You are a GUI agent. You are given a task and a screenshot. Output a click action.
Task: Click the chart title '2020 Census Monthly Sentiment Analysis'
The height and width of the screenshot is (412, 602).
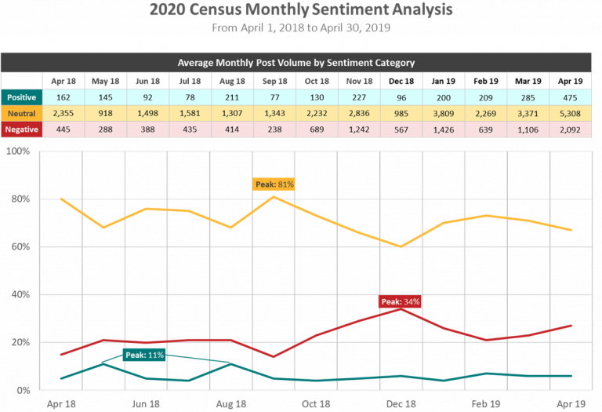coord(301,11)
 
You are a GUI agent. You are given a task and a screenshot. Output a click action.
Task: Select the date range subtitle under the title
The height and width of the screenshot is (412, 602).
coord(301,28)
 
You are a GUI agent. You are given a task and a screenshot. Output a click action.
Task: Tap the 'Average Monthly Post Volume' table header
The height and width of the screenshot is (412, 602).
coord(301,62)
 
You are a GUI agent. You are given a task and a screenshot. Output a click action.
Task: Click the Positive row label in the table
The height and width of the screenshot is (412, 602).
coord(21,97)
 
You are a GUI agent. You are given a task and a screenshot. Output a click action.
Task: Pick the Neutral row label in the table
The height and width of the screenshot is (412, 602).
coord(21,113)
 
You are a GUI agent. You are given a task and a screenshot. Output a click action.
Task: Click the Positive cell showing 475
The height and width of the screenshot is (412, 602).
coord(571,97)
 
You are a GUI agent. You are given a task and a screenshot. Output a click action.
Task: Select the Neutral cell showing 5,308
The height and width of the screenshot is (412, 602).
coord(571,113)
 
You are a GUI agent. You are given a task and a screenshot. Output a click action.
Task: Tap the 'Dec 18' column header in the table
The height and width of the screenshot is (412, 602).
coord(401,80)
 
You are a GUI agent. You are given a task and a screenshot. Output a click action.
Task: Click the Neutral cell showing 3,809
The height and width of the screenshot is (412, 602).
coord(443,113)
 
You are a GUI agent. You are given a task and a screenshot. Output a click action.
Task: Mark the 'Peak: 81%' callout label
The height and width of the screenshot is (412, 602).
coord(274,184)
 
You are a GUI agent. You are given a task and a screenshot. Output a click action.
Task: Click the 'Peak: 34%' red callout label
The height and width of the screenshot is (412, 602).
coord(400,301)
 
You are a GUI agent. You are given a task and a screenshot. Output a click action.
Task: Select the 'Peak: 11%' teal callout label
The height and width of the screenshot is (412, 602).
coord(144,355)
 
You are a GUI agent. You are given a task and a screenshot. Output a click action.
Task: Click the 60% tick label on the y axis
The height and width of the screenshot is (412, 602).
coord(20,246)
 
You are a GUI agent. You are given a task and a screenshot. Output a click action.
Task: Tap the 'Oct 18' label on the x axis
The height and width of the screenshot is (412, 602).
coord(316,403)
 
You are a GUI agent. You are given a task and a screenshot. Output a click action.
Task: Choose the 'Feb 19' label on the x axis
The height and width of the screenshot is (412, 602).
coord(487,403)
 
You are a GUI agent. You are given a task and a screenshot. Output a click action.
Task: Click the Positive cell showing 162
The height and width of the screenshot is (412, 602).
coord(63,97)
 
